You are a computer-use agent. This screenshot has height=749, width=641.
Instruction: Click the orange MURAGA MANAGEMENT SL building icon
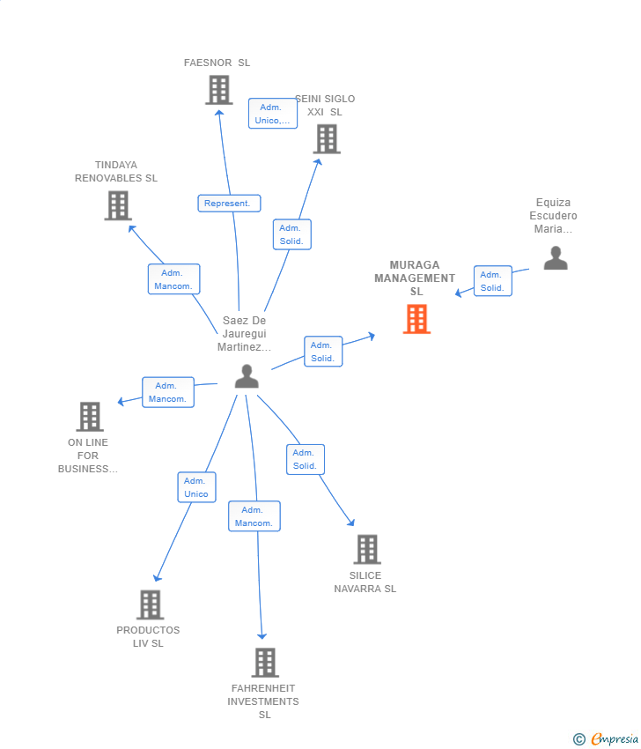pos(416,319)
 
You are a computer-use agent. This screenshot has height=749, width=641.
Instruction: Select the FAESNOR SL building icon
pos(218,90)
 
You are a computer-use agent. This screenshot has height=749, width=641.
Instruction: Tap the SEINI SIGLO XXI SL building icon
pos(327,139)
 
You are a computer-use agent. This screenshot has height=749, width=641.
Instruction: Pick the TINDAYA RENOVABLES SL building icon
pos(118,205)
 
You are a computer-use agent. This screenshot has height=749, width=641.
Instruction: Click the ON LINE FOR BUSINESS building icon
pos(90,417)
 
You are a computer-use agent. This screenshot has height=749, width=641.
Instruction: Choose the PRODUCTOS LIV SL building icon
pos(151,604)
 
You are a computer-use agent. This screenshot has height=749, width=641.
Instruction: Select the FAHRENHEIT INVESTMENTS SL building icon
pos(265,663)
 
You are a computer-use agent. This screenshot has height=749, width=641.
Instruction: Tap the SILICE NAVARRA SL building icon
pos(367,549)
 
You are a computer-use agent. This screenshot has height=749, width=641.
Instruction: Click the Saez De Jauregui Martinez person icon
pos(247,376)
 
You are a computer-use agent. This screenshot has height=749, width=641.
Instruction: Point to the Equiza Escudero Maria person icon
pos(556,258)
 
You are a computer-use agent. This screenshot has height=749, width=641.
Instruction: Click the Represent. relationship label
pos(229,204)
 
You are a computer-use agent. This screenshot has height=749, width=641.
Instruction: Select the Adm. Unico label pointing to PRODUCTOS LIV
pos(196,487)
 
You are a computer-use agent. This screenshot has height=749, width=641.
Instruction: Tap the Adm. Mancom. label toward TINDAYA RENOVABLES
pos(173,279)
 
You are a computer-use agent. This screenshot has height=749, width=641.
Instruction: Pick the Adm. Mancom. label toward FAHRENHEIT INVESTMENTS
pos(254,516)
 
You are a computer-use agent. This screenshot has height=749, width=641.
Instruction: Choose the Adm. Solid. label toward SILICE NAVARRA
pos(306,459)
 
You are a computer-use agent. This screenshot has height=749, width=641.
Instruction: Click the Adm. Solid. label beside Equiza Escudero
pos(492,281)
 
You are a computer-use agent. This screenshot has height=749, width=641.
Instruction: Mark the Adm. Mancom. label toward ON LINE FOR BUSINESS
pos(167,392)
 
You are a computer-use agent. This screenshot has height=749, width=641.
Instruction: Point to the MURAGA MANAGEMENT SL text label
pos(416,278)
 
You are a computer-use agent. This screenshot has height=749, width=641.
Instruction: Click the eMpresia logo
pos(614,739)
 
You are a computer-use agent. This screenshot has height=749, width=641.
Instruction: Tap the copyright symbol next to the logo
pos(579,739)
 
